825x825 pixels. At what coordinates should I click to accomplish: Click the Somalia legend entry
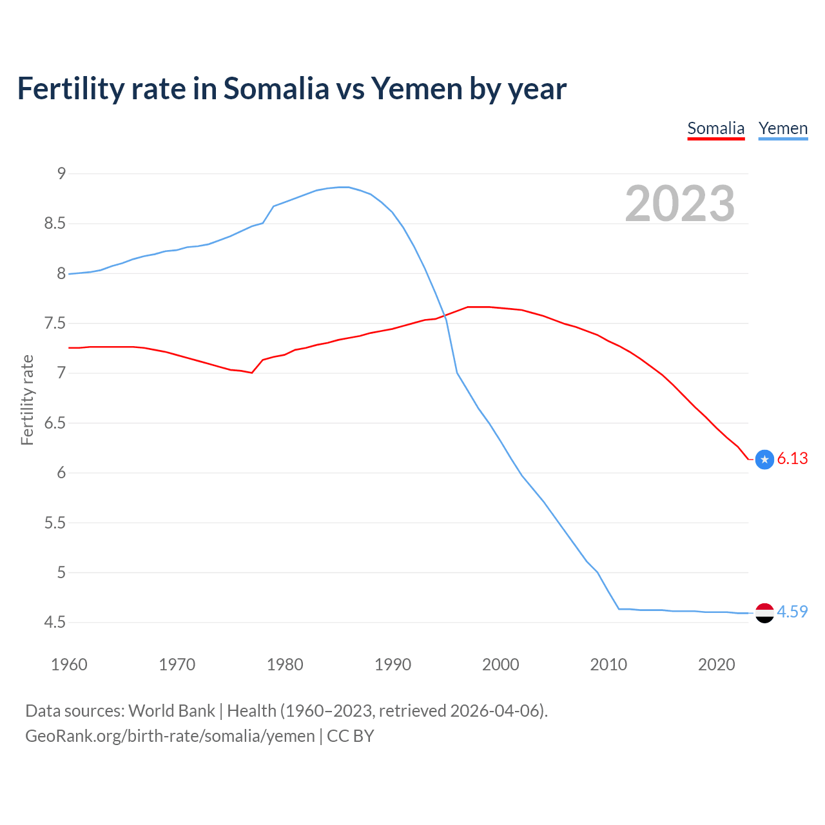(715, 128)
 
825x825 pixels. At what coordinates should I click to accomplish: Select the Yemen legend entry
(782, 128)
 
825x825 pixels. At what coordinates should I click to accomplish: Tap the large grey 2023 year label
(679, 204)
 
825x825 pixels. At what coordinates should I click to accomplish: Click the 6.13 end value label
(792, 458)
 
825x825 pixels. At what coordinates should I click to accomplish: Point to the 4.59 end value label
(792, 612)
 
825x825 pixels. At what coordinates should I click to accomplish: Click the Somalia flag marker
(764, 459)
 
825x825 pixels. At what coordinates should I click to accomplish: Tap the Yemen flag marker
(764, 613)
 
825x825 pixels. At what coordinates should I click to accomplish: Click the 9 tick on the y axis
(61, 173)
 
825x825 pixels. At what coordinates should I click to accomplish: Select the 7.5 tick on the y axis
(55, 323)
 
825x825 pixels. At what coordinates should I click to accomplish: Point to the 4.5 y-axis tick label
(55, 622)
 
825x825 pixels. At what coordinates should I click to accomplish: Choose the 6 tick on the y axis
(61, 472)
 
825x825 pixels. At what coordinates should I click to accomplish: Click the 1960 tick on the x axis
(69, 665)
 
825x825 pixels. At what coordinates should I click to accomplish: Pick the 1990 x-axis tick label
(393, 665)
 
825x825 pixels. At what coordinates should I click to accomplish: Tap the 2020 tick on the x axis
(716, 665)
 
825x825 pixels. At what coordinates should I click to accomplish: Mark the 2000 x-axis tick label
(500, 665)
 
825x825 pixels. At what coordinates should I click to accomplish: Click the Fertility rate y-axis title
(27, 400)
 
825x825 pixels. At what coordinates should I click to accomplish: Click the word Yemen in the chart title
(416, 89)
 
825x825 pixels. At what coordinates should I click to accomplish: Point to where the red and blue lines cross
(445, 315)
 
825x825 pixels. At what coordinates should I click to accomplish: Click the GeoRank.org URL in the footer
(170, 736)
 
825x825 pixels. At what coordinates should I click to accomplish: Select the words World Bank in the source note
(171, 711)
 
